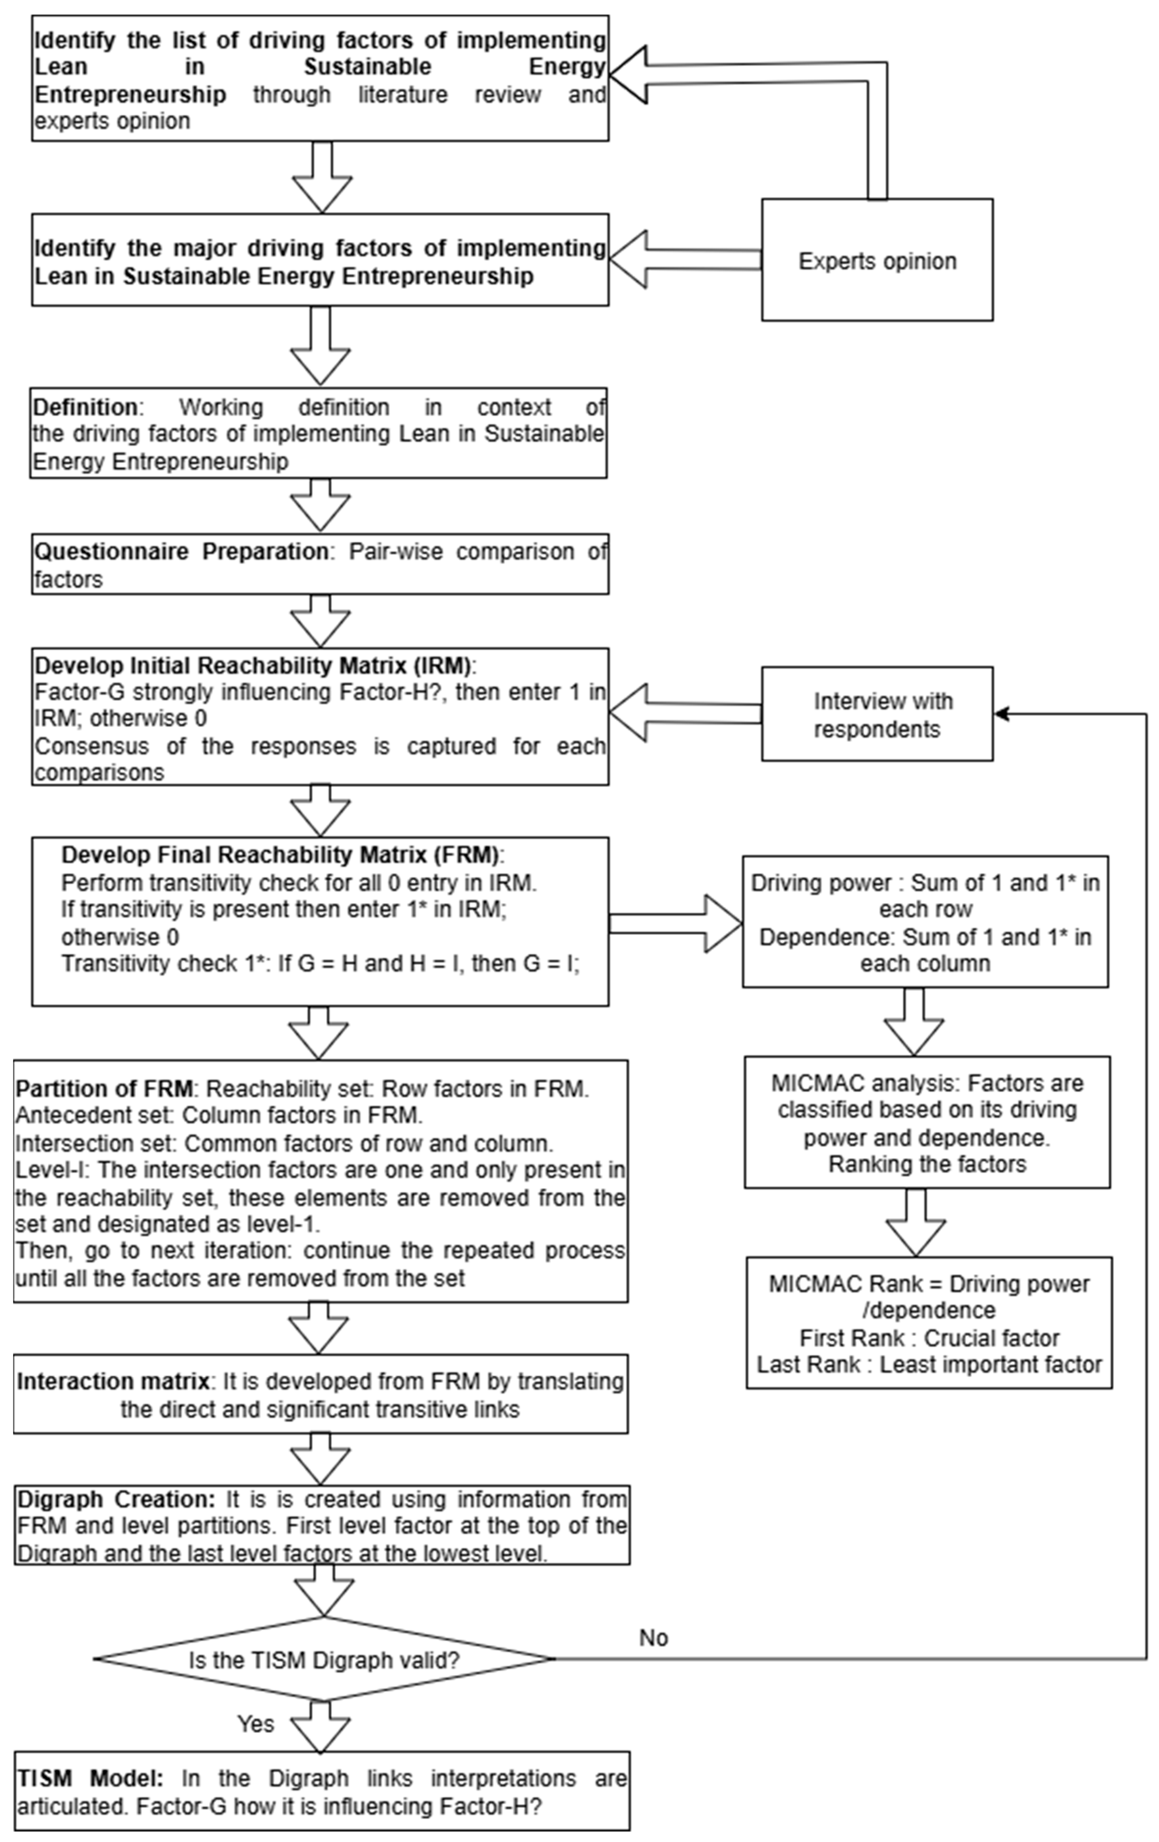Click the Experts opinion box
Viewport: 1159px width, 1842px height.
click(x=877, y=260)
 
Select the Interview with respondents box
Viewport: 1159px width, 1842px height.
click(x=877, y=714)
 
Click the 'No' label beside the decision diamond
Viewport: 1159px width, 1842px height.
click(x=653, y=1638)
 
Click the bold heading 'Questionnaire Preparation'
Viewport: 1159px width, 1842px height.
click(x=181, y=551)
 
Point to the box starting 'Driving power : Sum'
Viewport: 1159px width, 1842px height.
click(x=925, y=922)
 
